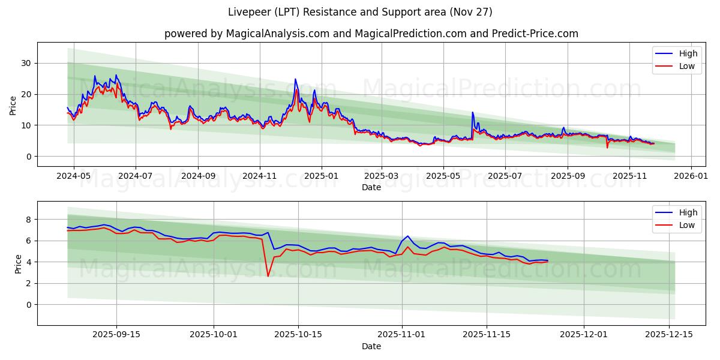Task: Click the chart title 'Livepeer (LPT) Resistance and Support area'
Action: (360, 12)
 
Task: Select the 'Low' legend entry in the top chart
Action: (688, 67)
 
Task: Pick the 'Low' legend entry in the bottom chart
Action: (688, 226)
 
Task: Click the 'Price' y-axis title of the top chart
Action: (13, 104)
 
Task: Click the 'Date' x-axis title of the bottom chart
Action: (371, 346)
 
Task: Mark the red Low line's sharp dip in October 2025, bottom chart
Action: (268, 276)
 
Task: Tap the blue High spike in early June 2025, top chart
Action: (472, 112)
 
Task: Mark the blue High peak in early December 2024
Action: (295, 79)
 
